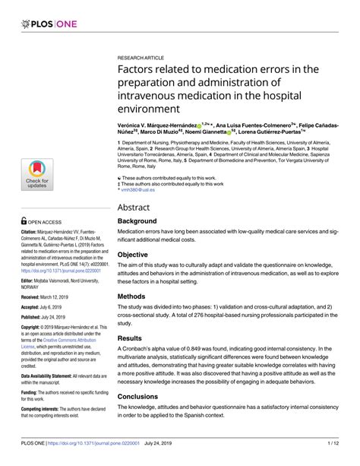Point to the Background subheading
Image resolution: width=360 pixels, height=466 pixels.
pyautogui.click(x=141, y=221)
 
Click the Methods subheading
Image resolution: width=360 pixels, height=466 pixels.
pyautogui.click(x=136, y=296)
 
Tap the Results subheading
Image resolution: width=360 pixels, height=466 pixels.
pyautogui.click(x=134, y=337)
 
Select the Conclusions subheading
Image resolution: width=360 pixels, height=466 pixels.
pyautogui.click(x=144, y=395)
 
